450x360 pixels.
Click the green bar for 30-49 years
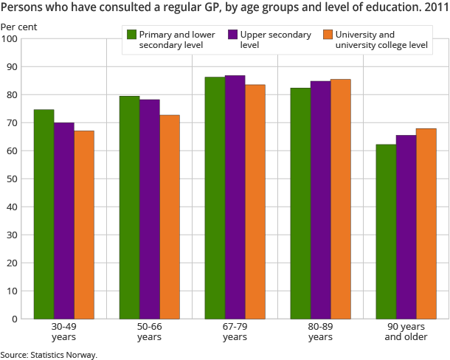pyautogui.click(x=44, y=214)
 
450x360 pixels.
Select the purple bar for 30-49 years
pyautogui.click(x=64, y=221)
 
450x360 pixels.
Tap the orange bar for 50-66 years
pyautogui.click(x=170, y=217)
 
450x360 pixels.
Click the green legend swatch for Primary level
pyautogui.click(x=132, y=35)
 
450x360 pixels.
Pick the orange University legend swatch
pyautogui.click(x=327, y=35)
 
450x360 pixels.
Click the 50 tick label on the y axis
pyautogui.click(x=13, y=179)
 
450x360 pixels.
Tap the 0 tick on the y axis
pyautogui.click(x=15, y=319)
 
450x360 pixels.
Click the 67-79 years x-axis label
pyautogui.click(x=235, y=332)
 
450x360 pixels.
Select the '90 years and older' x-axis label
pyautogui.click(x=406, y=332)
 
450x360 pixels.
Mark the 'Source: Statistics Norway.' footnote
pyautogui.click(x=49, y=354)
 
